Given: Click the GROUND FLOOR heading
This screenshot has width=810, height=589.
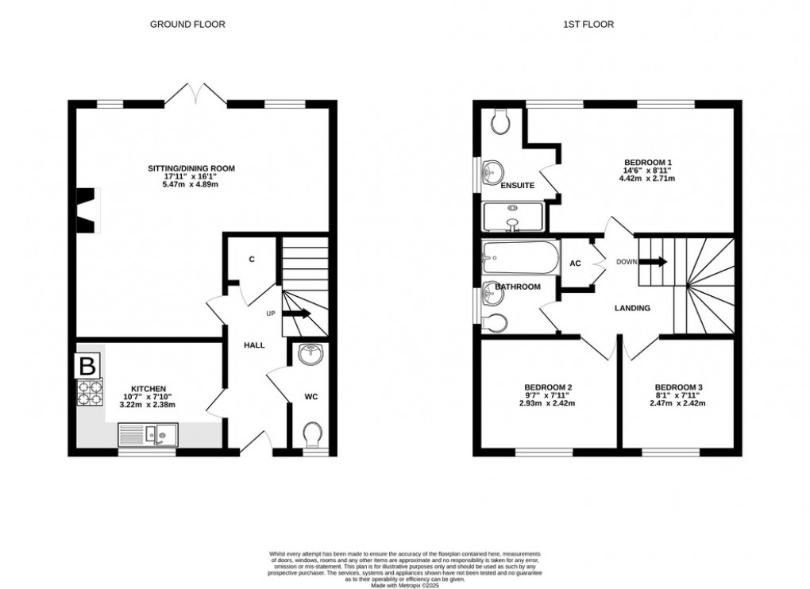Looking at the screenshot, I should click(x=187, y=25).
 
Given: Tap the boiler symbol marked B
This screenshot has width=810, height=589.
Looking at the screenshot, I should click(x=87, y=367).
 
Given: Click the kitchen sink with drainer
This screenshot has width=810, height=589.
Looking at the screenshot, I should click(x=148, y=433).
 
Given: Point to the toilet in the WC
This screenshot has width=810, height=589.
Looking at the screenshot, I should click(x=312, y=434).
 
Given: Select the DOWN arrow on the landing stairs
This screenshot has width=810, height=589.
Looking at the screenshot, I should click(x=654, y=262).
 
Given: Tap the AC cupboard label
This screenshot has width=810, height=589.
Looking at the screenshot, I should click(x=576, y=264).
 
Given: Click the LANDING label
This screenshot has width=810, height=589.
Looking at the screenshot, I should click(x=633, y=308).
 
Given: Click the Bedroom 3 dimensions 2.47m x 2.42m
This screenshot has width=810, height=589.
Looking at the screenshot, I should click(x=677, y=403).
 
